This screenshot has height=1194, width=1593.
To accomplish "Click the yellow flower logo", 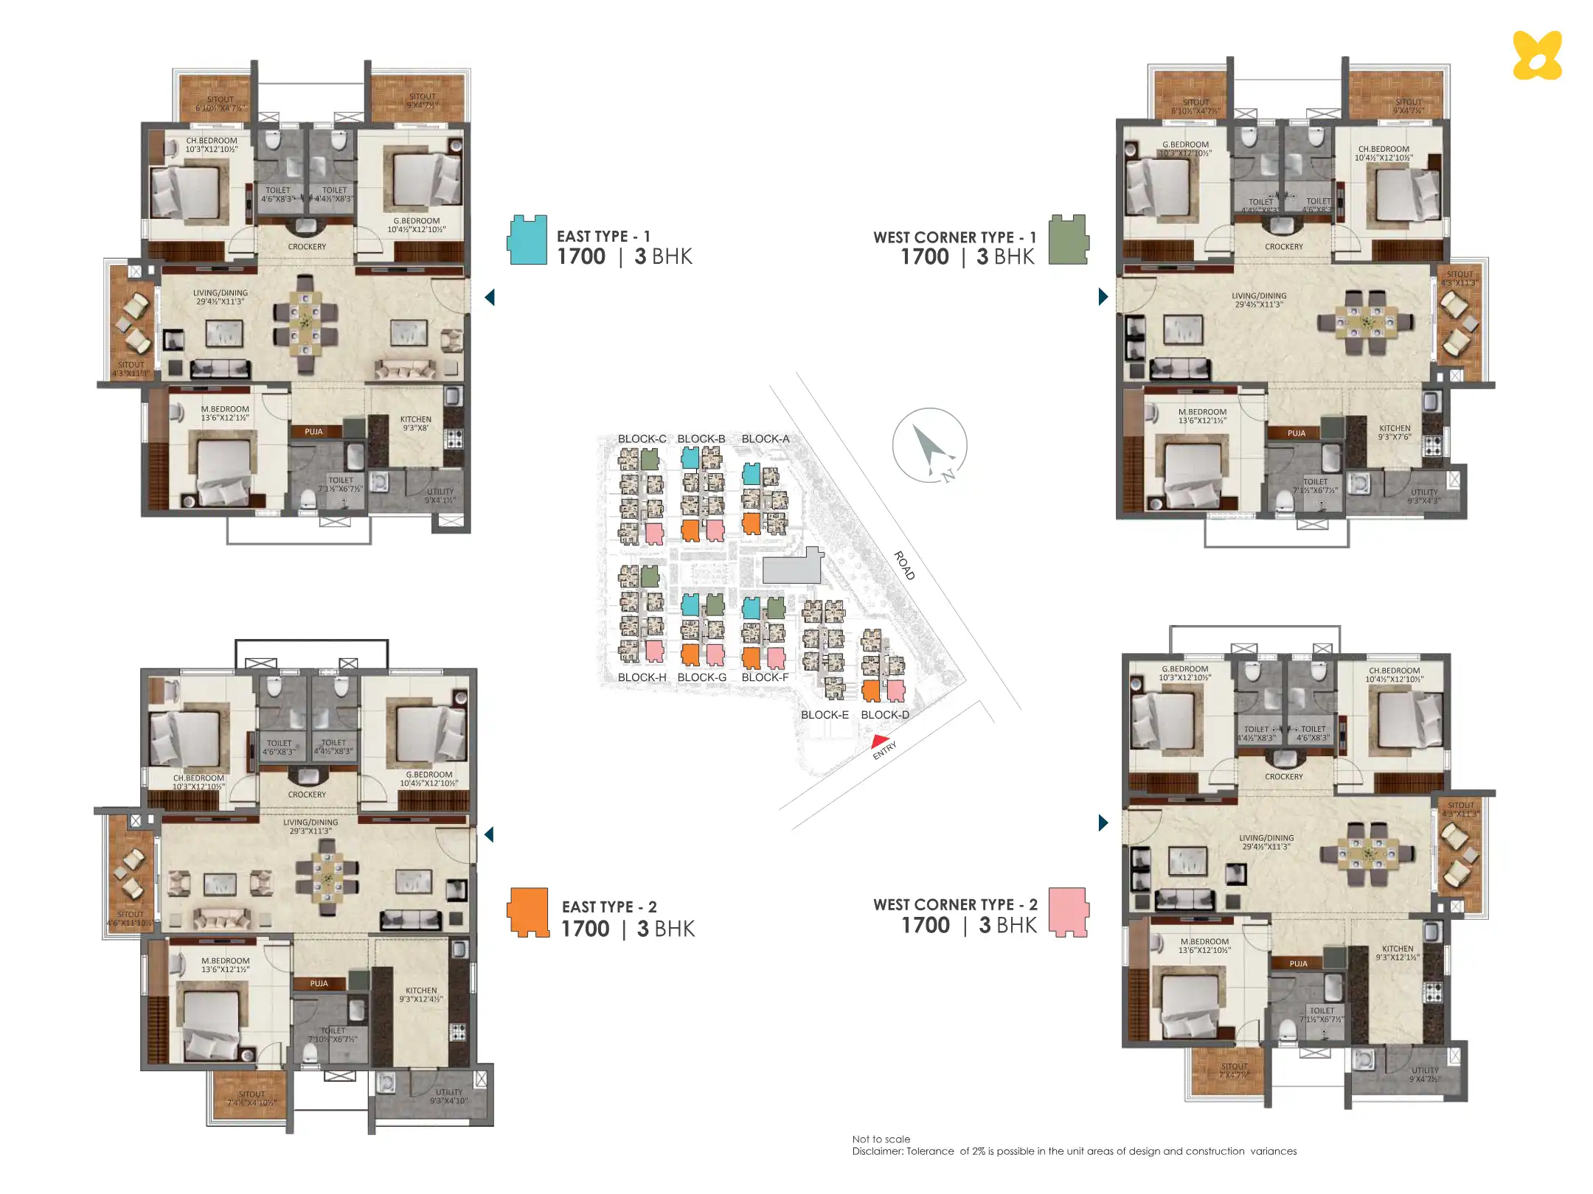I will pyautogui.click(x=1537, y=55).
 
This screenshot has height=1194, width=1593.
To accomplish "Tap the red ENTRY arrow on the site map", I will pyautogui.click(x=880, y=741).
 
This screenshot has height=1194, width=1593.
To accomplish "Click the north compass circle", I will pyautogui.click(x=929, y=445).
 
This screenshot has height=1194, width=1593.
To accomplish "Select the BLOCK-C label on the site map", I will pyautogui.click(x=642, y=439).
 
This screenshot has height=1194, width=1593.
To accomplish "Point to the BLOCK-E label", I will pyautogui.click(x=825, y=714).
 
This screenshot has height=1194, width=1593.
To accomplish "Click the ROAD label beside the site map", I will pyautogui.click(x=904, y=565).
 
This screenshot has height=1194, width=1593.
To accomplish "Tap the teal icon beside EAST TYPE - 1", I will pyautogui.click(x=527, y=240).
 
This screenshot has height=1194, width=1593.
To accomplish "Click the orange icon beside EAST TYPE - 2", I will pyautogui.click(x=528, y=912).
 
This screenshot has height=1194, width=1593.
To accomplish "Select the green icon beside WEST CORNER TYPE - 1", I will pyautogui.click(x=1069, y=240).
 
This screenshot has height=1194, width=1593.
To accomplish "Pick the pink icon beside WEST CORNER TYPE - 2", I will pyautogui.click(x=1069, y=912).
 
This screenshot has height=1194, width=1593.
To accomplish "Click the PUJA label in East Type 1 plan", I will pyautogui.click(x=313, y=431).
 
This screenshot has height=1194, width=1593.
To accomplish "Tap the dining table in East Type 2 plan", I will pyautogui.click(x=327, y=877).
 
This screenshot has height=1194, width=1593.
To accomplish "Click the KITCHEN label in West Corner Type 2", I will pyautogui.click(x=1398, y=949).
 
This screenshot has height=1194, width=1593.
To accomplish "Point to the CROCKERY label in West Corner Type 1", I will pyautogui.click(x=1283, y=247).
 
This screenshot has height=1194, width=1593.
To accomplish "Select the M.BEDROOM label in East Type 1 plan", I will pyautogui.click(x=225, y=409).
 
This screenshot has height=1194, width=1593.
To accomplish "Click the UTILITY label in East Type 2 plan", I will pyautogui.click(x=448, y=1092).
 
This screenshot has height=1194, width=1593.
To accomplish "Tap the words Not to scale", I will pyautogui.click(x=881, y=1139).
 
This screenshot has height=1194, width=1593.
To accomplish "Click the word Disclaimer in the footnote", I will pyautogui.click(x=876, y=1151).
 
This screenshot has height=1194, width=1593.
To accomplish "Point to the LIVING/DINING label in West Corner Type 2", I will pyautogui.click(x=1266, y=838).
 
